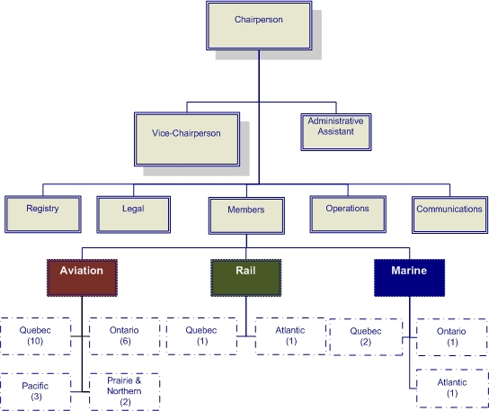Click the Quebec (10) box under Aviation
coord(36,336)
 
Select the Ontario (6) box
coord(125,336)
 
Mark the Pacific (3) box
coord(36,391)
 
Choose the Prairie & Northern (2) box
coord(125,391)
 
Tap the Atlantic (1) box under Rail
coord(289,336)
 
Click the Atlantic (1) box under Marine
coord(451,388)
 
